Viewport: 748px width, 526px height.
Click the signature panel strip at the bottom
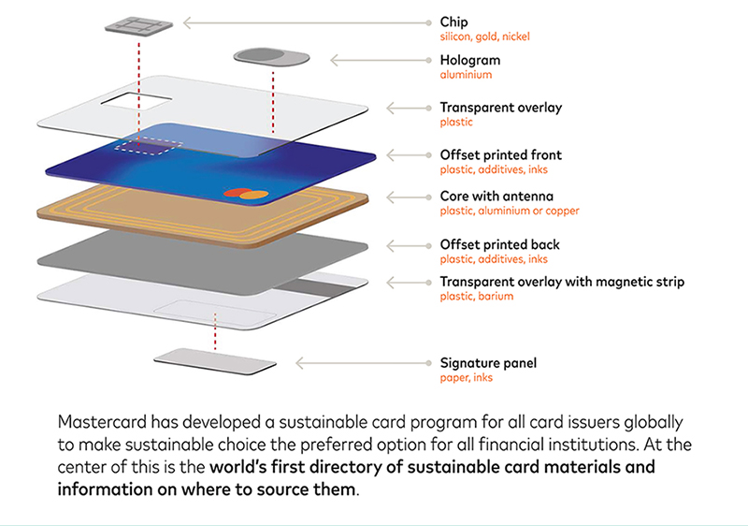click(x=215, y=361)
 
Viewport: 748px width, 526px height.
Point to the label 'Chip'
click(x=453, y=22)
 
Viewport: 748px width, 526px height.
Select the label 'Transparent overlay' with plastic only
click(x=500, y=108)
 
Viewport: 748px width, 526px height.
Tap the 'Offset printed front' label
click(x=500, y=155)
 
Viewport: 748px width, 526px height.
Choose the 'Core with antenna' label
click(x=496, y=197)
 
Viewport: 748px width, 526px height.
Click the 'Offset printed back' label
click(x=499, y=245)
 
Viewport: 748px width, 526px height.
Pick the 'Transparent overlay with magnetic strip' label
click(x=562, y=282)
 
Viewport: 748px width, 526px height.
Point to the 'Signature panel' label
click(x=488, y=362)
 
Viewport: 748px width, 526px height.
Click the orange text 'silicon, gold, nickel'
click(x=485, y=37)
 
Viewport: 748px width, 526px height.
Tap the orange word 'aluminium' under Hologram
click(x=466, y=75)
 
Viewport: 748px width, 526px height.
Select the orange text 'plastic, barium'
click(x=476, y=297)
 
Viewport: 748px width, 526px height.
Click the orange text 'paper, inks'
click(x=467, y=377)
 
